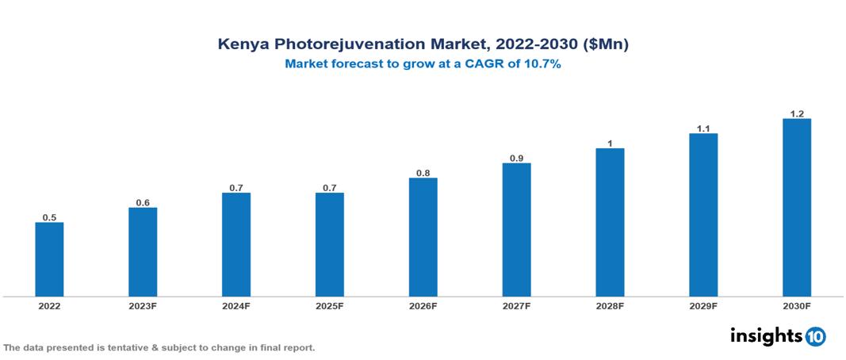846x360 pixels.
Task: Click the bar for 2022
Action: [x=49, y=259]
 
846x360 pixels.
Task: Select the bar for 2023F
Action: [x=143, y=252]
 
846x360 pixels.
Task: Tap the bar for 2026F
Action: [x=423, y=237]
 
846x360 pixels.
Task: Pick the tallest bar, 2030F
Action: [x=797, y=207]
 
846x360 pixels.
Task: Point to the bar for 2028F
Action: [x=610, y=222]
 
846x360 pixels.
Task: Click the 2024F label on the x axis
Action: [x=236, y=305]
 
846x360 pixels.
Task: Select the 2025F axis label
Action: [x=330, y=305]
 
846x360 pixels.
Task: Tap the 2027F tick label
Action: [x=516, y=305]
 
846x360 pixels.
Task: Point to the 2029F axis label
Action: [x=703, y=305]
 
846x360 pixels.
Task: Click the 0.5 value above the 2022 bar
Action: [x=49, y=217]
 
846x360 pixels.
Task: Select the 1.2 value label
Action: [x=797, y=113]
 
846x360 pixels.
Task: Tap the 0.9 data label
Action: [x=516, y=158]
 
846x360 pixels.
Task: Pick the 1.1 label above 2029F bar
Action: [x=703, y=128]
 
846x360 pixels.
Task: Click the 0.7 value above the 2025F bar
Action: [x=330, y=187]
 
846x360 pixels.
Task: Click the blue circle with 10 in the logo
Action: [x=815, y=336]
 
